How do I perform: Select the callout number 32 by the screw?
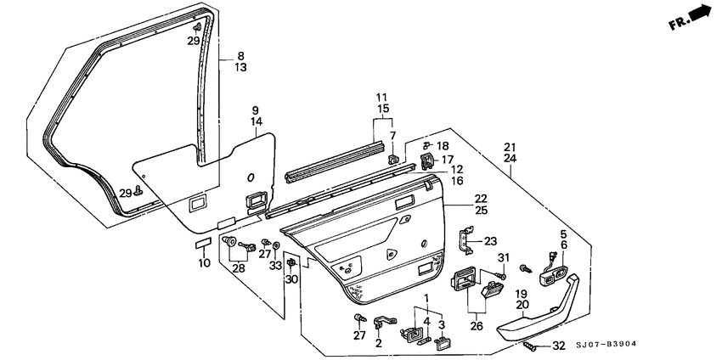(x=557, y=346)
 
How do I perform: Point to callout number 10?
(x=204, y=262)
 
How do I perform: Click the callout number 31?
(x=502, y=258)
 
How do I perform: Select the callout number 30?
(x=291, y=280)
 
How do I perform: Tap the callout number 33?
(x=274, y=266)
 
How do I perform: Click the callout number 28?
(x=239, y=269)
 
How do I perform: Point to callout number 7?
(x=393, y=136)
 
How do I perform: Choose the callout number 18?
(x=443, y=146)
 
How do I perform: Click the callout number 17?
(x=447, y=159)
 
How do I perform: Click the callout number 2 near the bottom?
(x=379, y=343)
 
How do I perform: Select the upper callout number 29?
(x=194, y=41)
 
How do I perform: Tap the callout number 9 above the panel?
(x=255, y=111)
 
